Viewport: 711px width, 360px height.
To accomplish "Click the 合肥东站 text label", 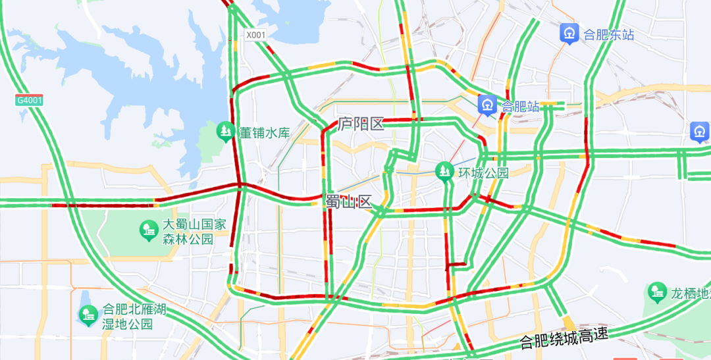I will [x=609, y=34].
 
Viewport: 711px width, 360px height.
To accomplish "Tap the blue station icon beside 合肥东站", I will [x=569, y=33].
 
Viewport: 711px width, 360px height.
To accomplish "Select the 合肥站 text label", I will [x=520, y=105].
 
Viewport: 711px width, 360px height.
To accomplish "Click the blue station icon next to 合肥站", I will [x=488, y=105].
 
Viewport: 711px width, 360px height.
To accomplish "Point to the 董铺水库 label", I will [x=264, y=132].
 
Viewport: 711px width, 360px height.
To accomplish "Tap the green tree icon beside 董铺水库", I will [x=226, y=132].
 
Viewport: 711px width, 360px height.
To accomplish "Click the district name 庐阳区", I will [x=361, y=124].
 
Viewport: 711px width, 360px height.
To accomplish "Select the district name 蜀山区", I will [x=349, y=201].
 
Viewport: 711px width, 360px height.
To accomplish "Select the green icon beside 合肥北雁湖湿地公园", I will [x=88, y=316].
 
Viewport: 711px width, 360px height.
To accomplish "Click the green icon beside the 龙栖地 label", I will [x=656, y=292].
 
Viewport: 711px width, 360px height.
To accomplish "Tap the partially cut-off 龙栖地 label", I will [x=690, y=293].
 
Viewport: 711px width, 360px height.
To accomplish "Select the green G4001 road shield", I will [x=29, y=100].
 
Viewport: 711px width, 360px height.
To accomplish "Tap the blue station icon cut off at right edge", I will [x=700, y=132].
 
